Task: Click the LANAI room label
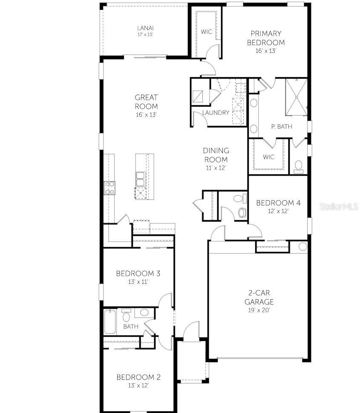[145, 28]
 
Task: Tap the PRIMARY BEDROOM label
[266, 38]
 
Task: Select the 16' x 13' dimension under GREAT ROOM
[146, 115]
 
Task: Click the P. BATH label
[281, 127]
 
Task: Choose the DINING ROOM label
[216, 155]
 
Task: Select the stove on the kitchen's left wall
[109, 188]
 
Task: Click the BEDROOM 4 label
[278, 203]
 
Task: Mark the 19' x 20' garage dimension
[259, 310]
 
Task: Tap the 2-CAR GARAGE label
[259, 297]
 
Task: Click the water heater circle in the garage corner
[302, 246]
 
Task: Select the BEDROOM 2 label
[138, 377]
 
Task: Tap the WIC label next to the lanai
[207, 32]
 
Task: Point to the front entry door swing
[191, 330]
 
